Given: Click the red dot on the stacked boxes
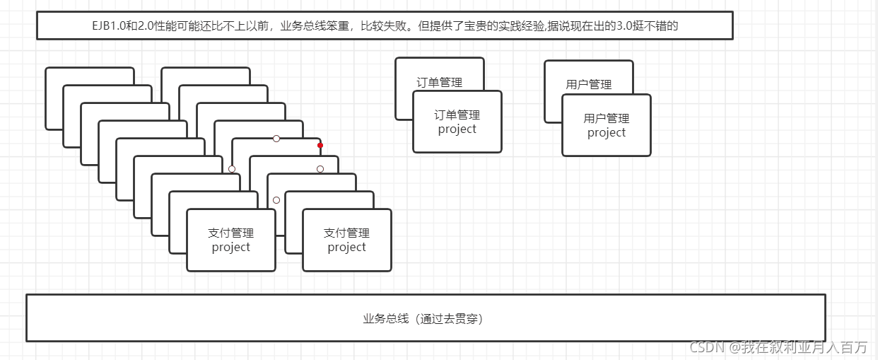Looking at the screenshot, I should [x=320, y=145].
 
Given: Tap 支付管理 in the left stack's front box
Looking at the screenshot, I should [x=230, y=233].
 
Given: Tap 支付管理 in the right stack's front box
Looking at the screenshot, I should [x=346, y=233].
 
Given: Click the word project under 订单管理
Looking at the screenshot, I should [x=457, y=129].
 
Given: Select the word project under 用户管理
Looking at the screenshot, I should [x=607, y=133].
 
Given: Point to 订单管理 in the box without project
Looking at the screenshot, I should [x=439, y=83].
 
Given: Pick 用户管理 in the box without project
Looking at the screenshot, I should [x=588, y=85].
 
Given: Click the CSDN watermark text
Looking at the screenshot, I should [x=708, y=347].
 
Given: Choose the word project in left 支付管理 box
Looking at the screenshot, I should [x=230, y=248].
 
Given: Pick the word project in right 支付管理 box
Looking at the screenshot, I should [x=346, y=248].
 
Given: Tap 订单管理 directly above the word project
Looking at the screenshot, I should [x=457, y=115].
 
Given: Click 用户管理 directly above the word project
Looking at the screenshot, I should [x=607, y=118].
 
